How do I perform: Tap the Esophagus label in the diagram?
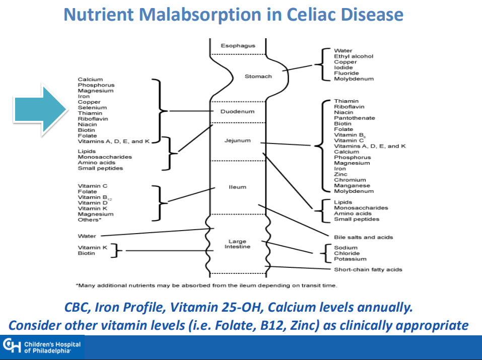[x=238, y=46]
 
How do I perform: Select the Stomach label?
[x=258, y=77]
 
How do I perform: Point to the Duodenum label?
[x=238, y=111]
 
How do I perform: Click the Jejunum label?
[x=237, y=140]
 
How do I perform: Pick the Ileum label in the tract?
[x=238, y=187]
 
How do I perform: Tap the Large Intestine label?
[x=237, y=244]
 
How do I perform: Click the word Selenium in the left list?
[x=92, y=108]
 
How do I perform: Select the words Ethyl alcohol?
[x=354, y=56]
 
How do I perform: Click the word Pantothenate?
[x=355, y=118]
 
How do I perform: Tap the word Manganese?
[x=353, y=186]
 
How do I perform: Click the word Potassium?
[x=350, y=259]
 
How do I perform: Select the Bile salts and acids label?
[x=363, y=237]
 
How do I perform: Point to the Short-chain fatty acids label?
[x=368, y=270]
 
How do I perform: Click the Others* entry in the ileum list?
[x=90, y=220]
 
